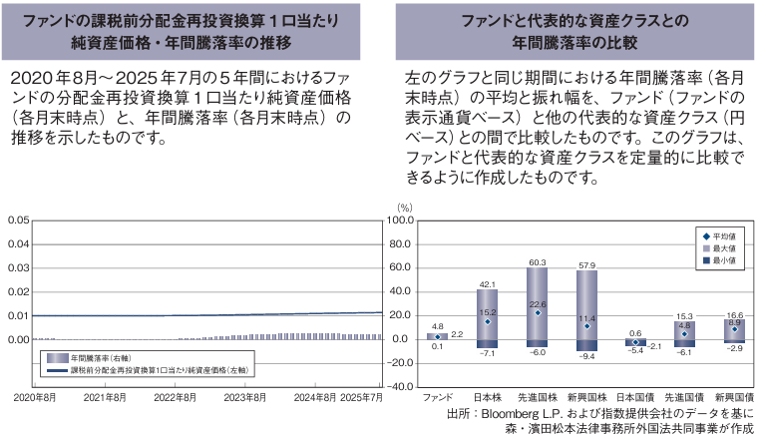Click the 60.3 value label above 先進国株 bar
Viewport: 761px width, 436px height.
[537, 263]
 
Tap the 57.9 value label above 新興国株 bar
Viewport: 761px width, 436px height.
[586, 266]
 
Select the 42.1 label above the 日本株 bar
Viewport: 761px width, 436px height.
[488, 285]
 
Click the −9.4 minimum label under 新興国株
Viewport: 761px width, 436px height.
[586, 356]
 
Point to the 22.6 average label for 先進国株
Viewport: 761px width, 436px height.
[537, 304]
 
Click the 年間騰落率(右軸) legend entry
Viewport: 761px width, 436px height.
[101, 357]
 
